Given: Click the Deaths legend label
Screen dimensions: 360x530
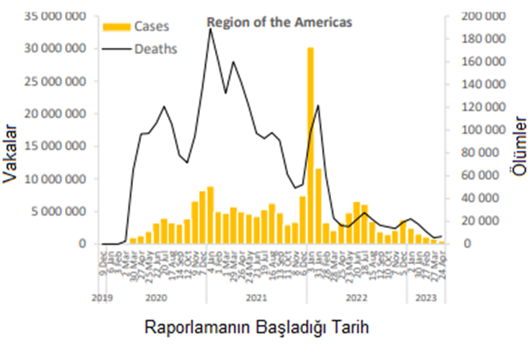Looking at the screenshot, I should [x=155, y=49].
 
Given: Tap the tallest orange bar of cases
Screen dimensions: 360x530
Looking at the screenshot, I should [x=310, y=145].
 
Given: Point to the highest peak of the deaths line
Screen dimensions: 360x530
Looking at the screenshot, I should [x=210, y=29].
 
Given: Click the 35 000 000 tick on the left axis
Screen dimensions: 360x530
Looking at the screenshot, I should [x=55, y=16].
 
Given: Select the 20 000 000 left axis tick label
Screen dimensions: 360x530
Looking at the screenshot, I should [x=55, y=114].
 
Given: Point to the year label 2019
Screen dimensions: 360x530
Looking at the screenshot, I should [x=102, y=297].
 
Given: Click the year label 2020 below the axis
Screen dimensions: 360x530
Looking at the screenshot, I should [x=156, y=297].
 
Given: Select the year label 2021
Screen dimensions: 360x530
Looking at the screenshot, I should [x=255, y=297].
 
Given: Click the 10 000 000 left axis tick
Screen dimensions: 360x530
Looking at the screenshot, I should [x=55, y=179].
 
